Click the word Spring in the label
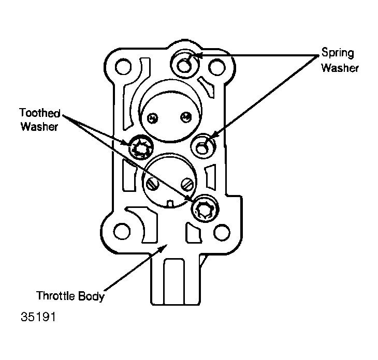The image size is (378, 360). [x=338, y=53]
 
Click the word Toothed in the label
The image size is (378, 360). [x=40, y=113]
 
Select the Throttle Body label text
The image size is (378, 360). [x=70, y=296]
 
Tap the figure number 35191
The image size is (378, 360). [x=38, y=317]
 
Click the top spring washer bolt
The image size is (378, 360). [x=185, y=64]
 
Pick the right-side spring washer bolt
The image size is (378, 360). [x=203, y=146]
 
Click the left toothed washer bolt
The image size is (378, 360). [x=141, y=147]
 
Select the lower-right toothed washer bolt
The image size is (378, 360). [x=205, y=208]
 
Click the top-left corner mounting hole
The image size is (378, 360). [x=123, y=67]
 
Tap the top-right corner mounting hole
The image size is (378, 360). [x=217, y=67]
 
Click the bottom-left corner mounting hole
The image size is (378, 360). [x=122, y=231]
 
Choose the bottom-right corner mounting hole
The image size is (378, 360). [x=222, y=232]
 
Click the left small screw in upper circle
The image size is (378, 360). [x=153, y=118]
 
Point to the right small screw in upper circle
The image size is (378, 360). [x=186, y=117]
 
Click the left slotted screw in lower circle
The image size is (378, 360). [x=152, y=184]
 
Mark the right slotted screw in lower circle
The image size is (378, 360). [x=187, y=185]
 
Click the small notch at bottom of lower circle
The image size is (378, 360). [x=170, y=204]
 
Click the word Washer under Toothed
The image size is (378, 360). [x=39, y=127]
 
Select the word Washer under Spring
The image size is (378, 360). [x=340, y=68]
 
